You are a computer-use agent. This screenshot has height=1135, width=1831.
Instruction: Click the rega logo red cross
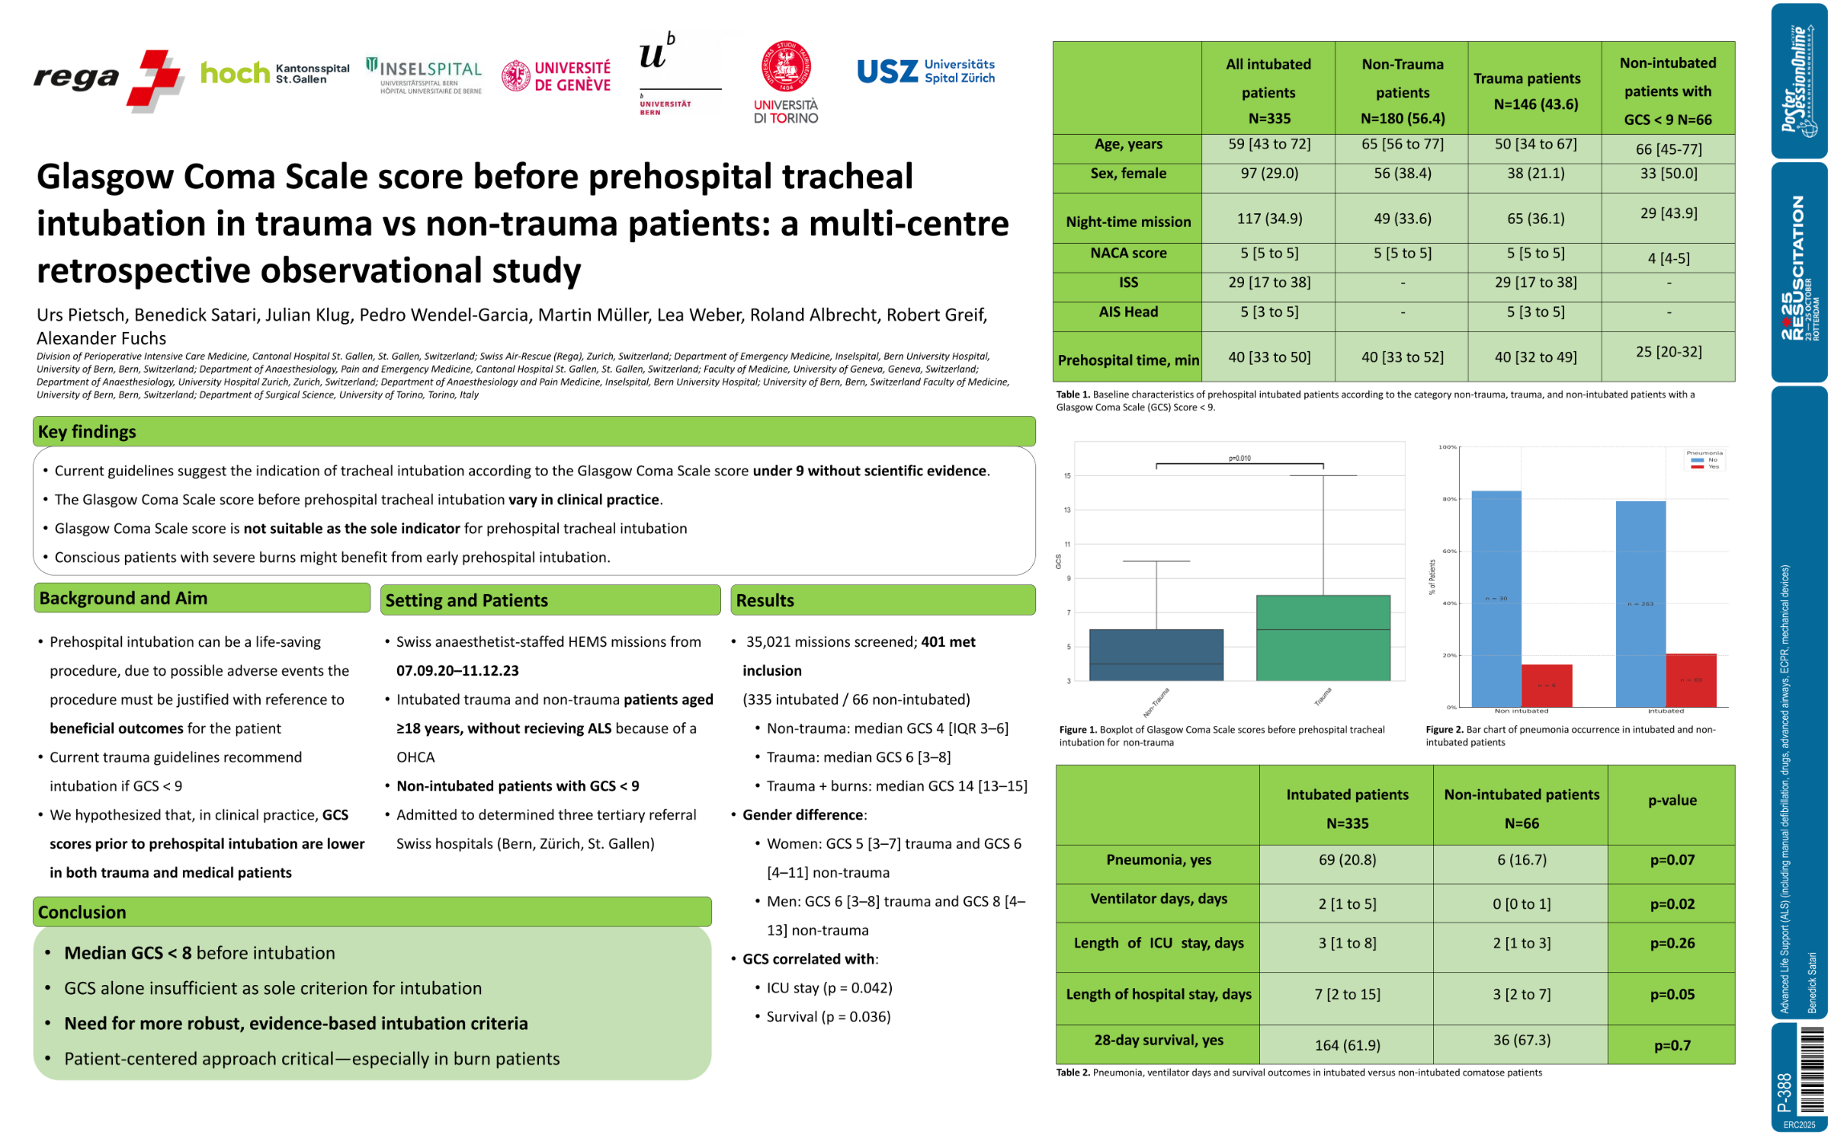[x=156, y=79]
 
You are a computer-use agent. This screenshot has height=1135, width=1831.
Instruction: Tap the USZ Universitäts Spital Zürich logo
[x=926, y=71]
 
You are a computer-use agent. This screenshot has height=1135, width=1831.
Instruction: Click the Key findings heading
[x=87, y=431]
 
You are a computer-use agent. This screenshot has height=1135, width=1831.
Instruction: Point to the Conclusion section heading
[x=82, y=911]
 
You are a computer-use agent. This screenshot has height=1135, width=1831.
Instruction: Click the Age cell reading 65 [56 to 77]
[x=1402, y=144]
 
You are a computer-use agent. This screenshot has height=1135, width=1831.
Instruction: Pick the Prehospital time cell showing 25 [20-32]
[x=1668, y=352]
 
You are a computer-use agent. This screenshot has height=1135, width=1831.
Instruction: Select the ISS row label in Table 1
[x=1128, y=282]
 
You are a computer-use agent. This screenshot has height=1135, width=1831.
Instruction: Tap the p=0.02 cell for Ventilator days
[x=1672, y=903]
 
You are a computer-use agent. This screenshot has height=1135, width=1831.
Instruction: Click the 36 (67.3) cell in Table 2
[x=1521, y=1040]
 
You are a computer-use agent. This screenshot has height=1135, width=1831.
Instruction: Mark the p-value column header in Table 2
[x=1672, y=800]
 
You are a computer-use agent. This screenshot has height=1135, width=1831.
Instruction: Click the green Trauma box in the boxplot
[x=1323, y=638]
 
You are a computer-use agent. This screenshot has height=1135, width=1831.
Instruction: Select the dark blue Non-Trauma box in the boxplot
[x=1156, y=655]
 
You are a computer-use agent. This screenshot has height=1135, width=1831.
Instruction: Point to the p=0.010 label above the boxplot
[x=1239, y=458]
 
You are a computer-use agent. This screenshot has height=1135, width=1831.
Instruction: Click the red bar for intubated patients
[x=1691, y=681]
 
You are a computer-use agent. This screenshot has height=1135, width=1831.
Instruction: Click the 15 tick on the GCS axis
[x=1067, y=476]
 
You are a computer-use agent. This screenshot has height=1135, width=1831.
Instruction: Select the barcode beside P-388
[x=1811, y=1071]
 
